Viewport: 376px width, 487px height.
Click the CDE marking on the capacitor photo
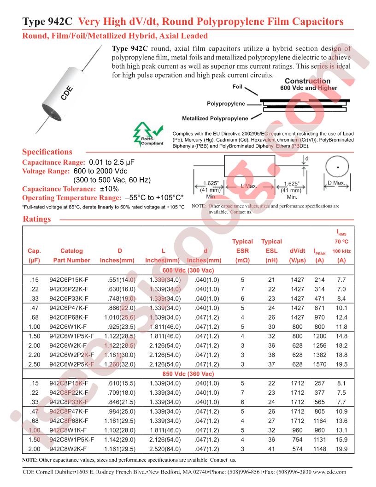click(x=67, y=94)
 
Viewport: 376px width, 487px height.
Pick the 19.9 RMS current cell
click(x=341, y=449)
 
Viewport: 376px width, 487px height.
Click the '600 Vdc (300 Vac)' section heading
click(x=188, y=270)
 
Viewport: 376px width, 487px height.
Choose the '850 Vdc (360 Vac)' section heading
click(x=188, y=374)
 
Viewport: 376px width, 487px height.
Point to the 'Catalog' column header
click(x=71, y=251)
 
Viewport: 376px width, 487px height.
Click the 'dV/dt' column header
click(x=297, y=251)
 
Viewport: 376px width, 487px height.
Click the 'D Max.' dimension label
click(x=336, y=183)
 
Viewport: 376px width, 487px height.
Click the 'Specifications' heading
click(x=47, y=152)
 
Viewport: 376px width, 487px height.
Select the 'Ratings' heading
click(x=36, y=219)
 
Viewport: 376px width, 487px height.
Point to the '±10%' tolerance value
click(x=110, y=189)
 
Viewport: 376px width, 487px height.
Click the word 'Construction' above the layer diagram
click(x=307, y=81)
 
